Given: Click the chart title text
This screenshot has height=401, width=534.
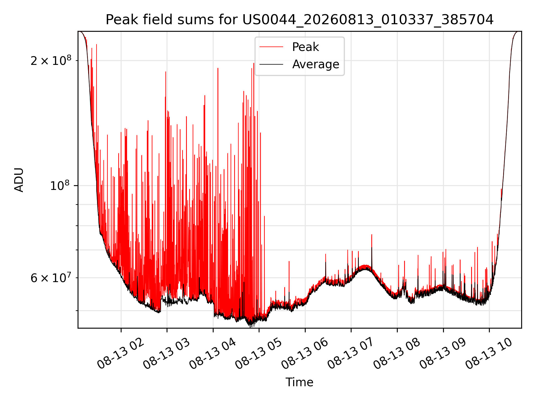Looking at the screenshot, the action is (x=300, y=20).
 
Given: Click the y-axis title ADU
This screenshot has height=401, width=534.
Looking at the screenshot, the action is (x=19, y=180).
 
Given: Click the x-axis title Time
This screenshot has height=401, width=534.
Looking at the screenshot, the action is (x=300, y=382).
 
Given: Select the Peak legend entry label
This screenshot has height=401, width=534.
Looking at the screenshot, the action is (x=305, y=47).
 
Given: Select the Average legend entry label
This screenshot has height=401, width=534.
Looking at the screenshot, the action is (x=316, y=64).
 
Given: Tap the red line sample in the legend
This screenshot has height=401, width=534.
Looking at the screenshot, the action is (x=271, y=47).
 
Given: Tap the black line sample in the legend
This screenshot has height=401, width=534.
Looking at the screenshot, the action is (x=271, y=64).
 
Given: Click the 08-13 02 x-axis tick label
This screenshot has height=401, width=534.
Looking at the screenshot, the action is (x=120, y=354).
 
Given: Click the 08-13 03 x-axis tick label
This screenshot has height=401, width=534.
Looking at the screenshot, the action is (x=167, y=354).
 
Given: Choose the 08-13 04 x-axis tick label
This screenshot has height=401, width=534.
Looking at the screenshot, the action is (x=213, y=354).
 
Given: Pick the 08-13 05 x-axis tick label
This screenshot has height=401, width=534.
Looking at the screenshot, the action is (x=259, y=354).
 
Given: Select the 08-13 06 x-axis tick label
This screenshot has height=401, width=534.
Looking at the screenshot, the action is (x=305, y=354).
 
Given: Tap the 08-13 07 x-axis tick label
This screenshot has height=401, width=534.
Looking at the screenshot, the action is (x=351, y=354).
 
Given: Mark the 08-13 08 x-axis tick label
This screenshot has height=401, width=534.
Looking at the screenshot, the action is (x=397, y=354).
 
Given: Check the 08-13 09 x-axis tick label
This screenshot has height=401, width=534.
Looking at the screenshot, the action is (x=443, y=354).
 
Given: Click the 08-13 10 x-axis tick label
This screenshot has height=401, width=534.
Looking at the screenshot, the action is (x=489, y=354).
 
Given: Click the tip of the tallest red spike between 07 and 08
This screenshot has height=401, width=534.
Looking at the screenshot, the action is (x=372, y=234).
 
